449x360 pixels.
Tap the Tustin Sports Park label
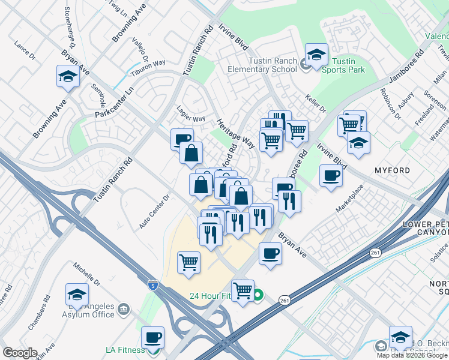[343, 65]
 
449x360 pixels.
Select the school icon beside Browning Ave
[68, 77]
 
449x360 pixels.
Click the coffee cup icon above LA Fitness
[152, 337]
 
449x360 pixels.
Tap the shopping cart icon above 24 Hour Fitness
[243, 290]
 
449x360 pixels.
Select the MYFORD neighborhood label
[393, 171]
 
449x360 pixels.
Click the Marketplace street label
[350, 198]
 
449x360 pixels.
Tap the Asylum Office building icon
[124, 309]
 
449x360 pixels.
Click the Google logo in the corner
[20, 353]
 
